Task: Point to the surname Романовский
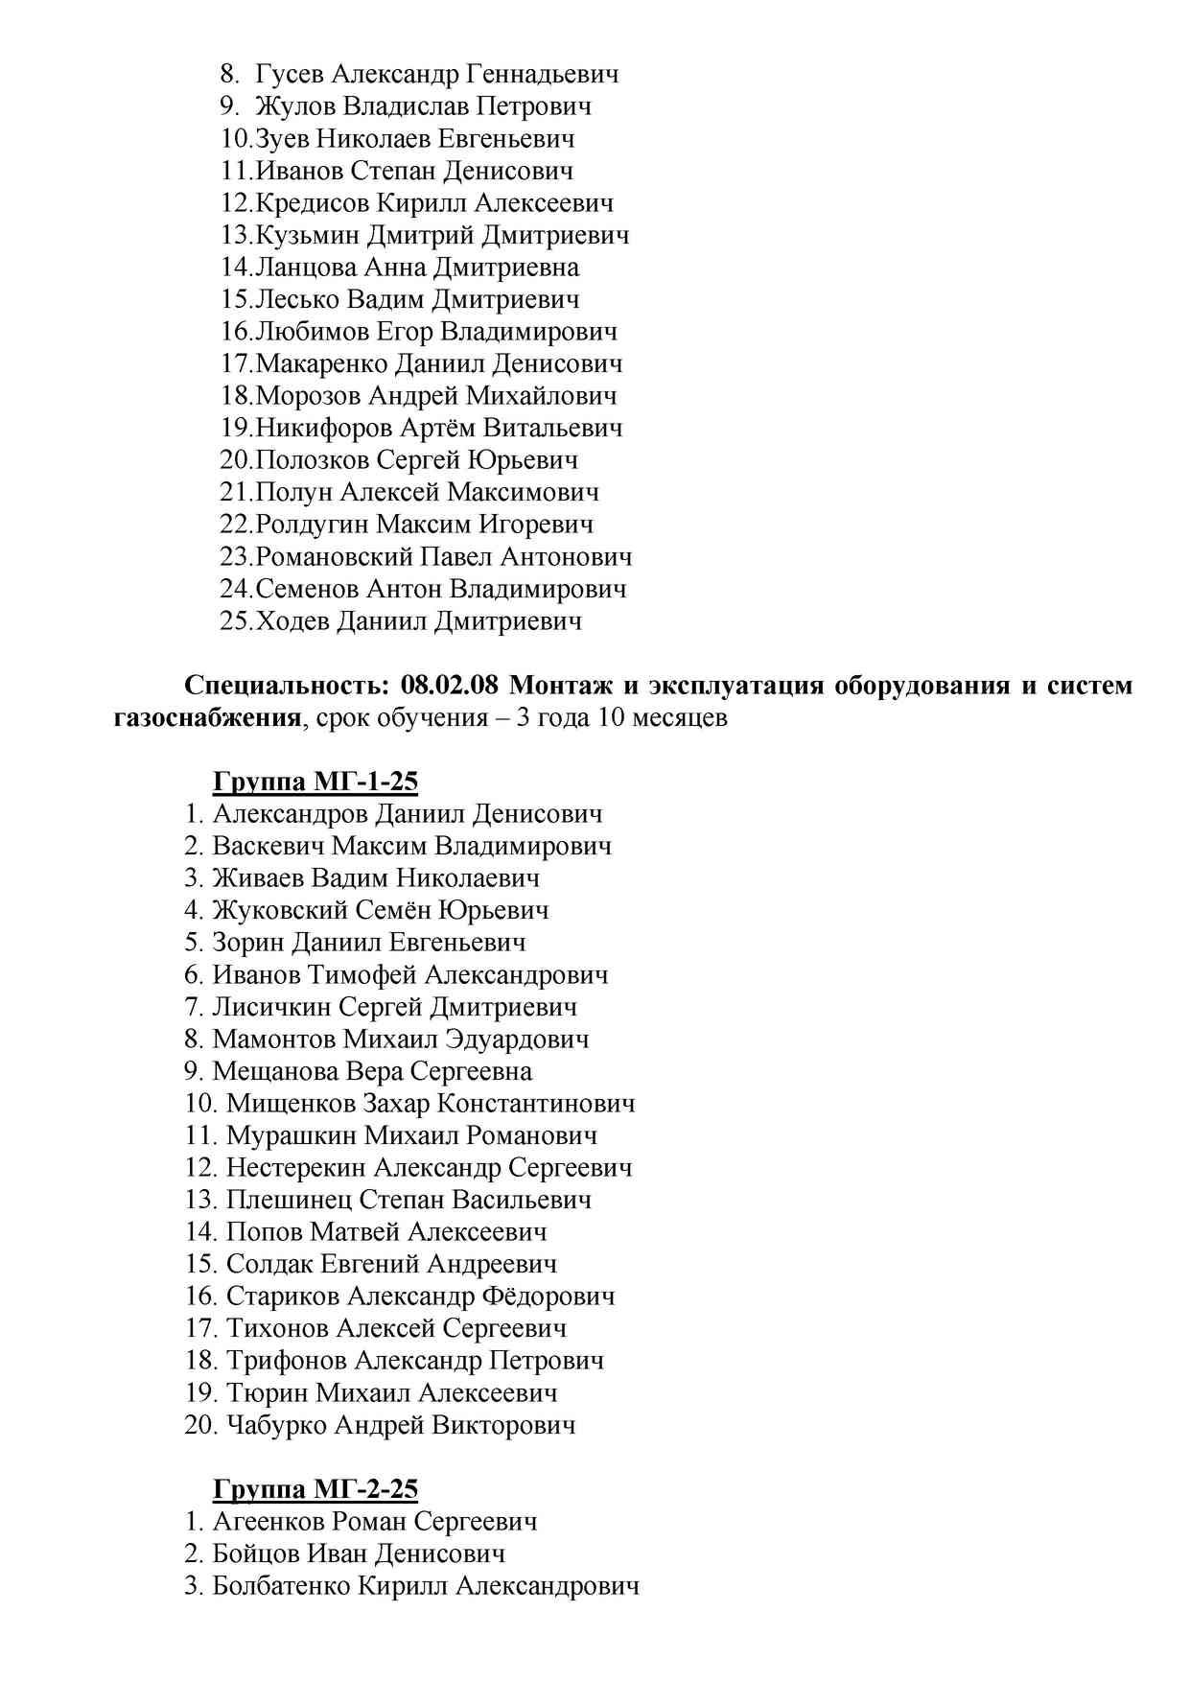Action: pyautogui.click(x=336, y=557)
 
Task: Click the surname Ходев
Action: pyautogui.click(x=292, y=621)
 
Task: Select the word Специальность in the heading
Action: pyautogui.click(x=287, y=686)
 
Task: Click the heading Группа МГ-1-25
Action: pyautogui.click(x=315, y=783)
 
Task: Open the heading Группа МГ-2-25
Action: pyautogui.click(x=315, y=1489)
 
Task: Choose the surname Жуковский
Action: pyautogui.click(x=280, y=911)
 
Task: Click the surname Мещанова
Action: pyautogui.click(x=274, y=1072)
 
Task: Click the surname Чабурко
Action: pyautogui.click(x=275, y=1425)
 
